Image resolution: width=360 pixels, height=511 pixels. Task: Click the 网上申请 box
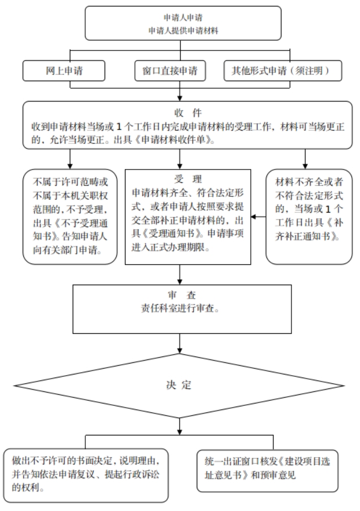pos(64,71)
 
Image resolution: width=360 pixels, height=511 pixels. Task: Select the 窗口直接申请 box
pos(170,71)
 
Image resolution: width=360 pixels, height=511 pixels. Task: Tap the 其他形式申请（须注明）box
pos(283,71)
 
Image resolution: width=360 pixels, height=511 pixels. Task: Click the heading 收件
pos(188,113)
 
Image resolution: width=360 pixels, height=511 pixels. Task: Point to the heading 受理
pos(188,179)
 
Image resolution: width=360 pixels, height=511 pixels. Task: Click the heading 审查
pos(182,295)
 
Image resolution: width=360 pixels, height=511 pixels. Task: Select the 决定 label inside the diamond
pos(178,385)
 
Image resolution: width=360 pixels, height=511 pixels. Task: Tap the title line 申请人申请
pos(183,17)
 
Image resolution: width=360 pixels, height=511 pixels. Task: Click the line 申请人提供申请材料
pos(183,31)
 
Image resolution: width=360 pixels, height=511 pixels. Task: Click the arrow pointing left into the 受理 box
pos(258,217)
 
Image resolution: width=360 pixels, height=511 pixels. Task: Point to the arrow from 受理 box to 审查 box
pos(179,275)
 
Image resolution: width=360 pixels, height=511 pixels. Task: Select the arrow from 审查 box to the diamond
pos(179,344)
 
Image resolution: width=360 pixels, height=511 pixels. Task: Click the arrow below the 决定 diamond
pos(179,426)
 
